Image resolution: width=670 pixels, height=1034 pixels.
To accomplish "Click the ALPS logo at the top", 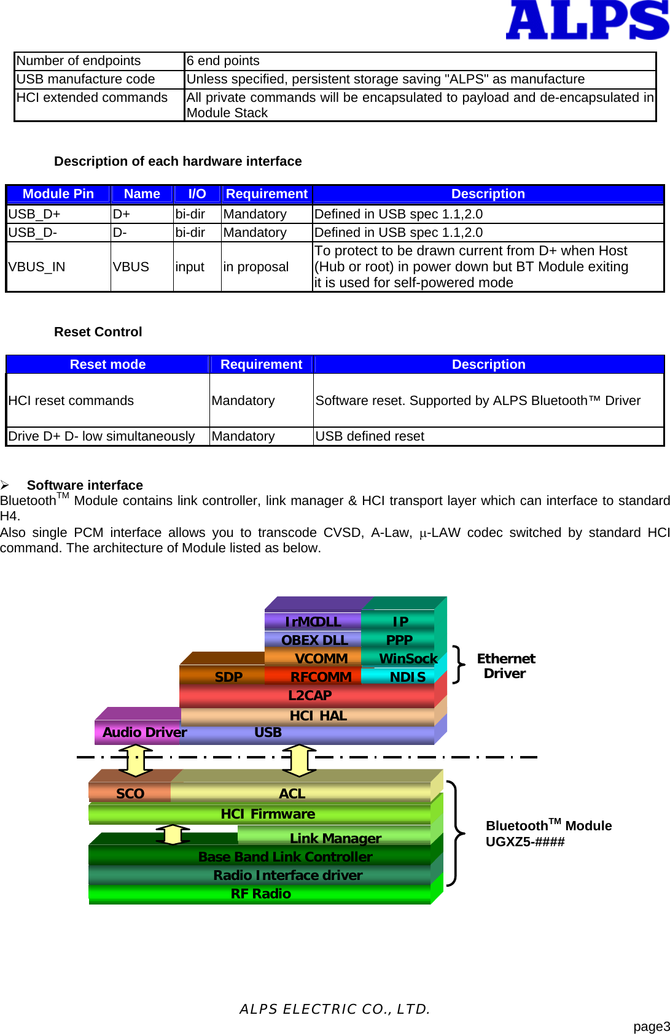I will click(x=586, y=20).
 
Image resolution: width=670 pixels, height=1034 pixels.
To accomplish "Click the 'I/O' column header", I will click(x=197, y=194).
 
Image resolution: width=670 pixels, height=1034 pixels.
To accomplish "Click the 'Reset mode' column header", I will click(x=107, y=365).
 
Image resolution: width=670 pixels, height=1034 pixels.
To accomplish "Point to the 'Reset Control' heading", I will click(x=98, y=332).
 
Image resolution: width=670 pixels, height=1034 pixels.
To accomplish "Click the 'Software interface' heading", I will click(x=85, y=485).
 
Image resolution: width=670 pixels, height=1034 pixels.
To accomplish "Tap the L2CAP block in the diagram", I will click(x=310, y=696).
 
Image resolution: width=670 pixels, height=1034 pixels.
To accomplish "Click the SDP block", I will click(x=228, y=677).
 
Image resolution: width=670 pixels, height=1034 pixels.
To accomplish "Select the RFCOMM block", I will click(x=321, y=677).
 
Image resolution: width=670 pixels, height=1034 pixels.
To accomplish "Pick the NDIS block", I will click(x=407, y=677).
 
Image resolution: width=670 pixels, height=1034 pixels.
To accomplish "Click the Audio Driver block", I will click(x=144, y=733).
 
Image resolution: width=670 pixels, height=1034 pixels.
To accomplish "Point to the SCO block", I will click(x=130, y=794).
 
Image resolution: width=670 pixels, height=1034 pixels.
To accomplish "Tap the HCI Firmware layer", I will click(x=268, y=814).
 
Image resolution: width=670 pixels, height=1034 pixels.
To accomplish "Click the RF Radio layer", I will click(x=260, y=894).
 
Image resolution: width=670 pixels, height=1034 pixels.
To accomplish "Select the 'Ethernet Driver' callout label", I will click(x=505, y=666).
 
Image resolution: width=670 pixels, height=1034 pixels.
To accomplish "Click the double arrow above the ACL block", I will click(x=299, y=760).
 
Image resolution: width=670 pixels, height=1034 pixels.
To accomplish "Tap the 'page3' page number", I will click(x=651, y=1027).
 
